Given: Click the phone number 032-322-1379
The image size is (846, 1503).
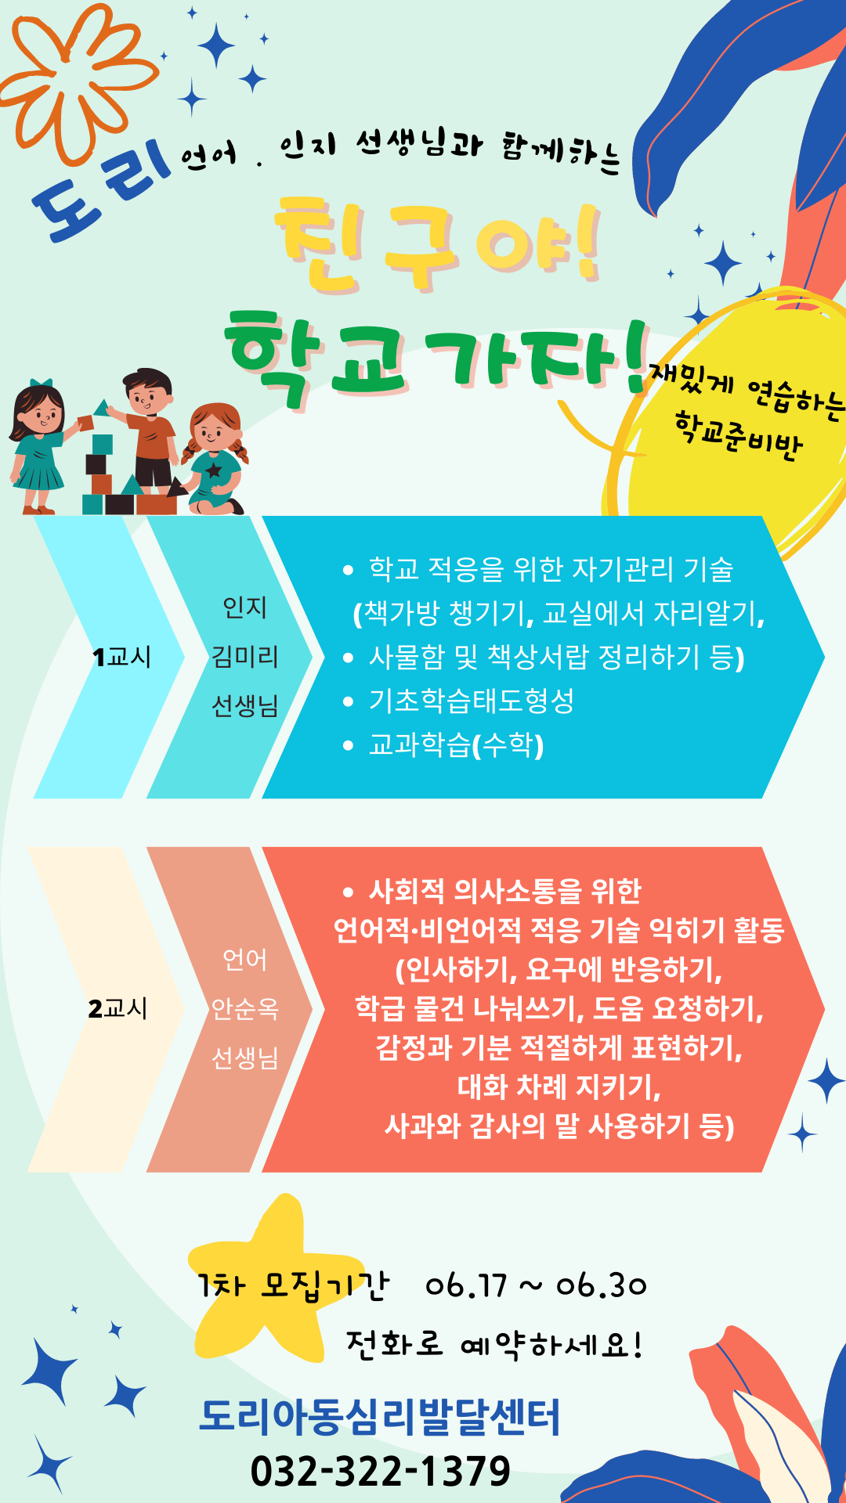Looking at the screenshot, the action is click(381, 1471).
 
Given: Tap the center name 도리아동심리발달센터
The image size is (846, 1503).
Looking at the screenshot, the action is click(380, 1417).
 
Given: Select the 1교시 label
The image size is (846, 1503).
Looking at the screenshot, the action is click(121, 657).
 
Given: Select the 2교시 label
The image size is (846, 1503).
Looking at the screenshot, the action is click(118, 1008).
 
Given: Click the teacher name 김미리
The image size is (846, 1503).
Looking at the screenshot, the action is click(245, 656).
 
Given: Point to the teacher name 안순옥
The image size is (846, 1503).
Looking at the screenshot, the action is click(245, 1008).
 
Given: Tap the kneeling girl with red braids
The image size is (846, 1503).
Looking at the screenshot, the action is click(214, 459).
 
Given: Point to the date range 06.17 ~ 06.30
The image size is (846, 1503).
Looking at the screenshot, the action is click(536, 1285).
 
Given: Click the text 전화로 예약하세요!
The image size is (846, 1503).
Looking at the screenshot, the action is click(495, 1345).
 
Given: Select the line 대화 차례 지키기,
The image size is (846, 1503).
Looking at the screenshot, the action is click(559, 1087).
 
